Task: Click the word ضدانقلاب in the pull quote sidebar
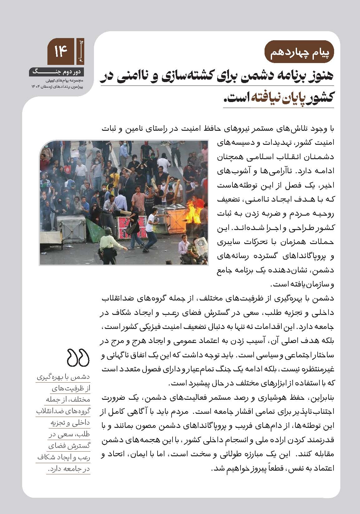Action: coord(75,411)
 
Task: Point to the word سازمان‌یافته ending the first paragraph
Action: coord(298,285)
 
